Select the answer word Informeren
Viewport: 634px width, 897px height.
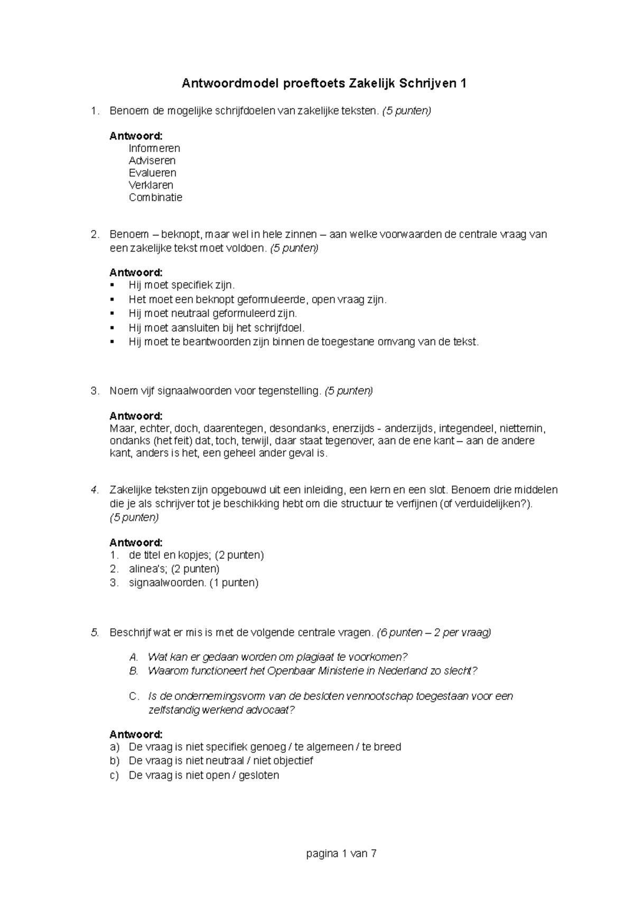click(x=154, y=148)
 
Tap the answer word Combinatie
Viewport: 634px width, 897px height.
click(x=155, y=198)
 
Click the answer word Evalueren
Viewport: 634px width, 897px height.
click(x=152, y=173)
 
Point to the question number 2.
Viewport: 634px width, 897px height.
click(x=94, y=234)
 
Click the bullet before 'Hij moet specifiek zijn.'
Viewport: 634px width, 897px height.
click(x=112, y=285)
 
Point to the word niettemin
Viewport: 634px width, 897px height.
click(x=523, y=428)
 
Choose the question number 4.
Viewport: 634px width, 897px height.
click(x=94, y=490)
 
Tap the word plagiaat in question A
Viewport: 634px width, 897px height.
click(x=315, y=657)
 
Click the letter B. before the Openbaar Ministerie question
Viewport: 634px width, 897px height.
click(x=134, y=671)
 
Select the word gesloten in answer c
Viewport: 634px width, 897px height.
click(x=258, y=775)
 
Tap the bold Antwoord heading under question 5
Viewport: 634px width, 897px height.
click(x=136, y=734)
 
